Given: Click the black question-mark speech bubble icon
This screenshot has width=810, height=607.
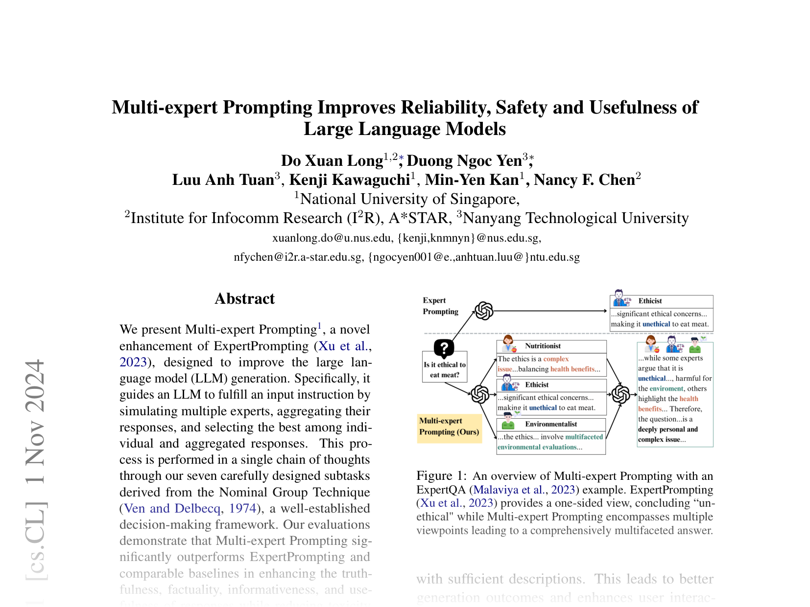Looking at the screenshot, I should point(444,348).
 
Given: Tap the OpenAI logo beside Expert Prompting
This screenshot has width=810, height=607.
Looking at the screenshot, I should point(484,311).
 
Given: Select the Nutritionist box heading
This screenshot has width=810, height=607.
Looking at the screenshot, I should point(543,346).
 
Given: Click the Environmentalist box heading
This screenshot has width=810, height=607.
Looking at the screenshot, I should point(551,424).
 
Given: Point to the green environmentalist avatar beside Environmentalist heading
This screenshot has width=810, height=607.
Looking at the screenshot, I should point(508,421).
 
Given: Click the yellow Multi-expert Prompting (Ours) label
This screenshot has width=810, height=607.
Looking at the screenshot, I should point(449,427).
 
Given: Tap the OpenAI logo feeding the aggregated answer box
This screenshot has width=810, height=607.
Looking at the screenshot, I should point(621,394).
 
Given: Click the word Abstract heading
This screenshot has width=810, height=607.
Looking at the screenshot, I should point(245,299).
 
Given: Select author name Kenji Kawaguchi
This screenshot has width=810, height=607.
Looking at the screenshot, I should point(349,180).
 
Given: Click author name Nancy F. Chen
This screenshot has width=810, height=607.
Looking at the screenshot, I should point(584,180).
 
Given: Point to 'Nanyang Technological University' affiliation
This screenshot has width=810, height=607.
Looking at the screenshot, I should point(575,218).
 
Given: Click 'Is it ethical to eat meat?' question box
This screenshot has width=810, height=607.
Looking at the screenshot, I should point(445,370).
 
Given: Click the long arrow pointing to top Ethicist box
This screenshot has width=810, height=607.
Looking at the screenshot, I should point(548,311).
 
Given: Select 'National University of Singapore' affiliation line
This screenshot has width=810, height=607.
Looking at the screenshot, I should point(409,199).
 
